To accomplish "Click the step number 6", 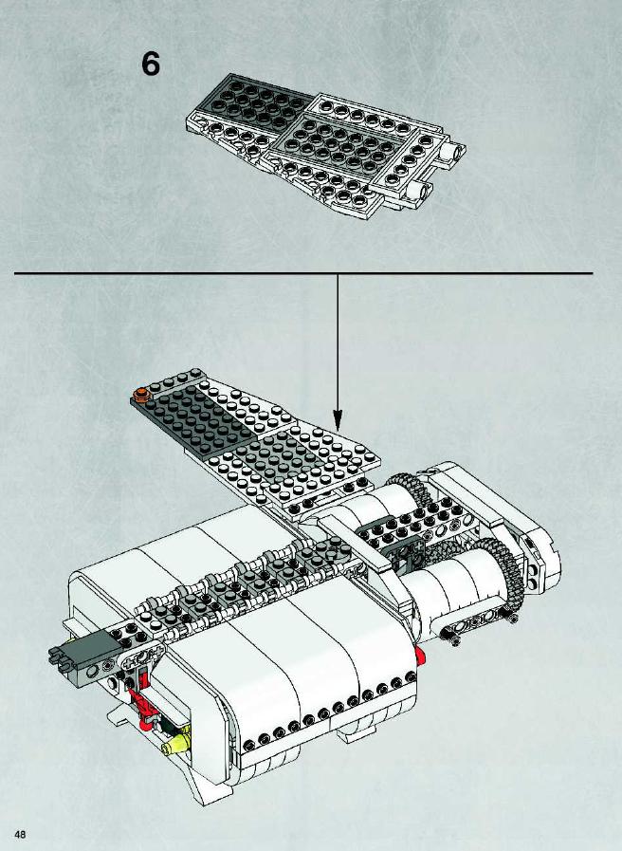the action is coord(151,64).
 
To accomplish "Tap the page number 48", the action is coord(20,834).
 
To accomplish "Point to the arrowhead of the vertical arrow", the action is coord(338,420).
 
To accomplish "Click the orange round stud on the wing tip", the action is coord(141,393).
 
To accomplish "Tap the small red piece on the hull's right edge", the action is coord(420,656).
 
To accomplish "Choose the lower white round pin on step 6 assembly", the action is coord(421,191).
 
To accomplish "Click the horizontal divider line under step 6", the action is coord(303,273).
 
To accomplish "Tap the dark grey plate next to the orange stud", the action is coord(195,417).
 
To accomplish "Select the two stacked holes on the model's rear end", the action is coord(534,576).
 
